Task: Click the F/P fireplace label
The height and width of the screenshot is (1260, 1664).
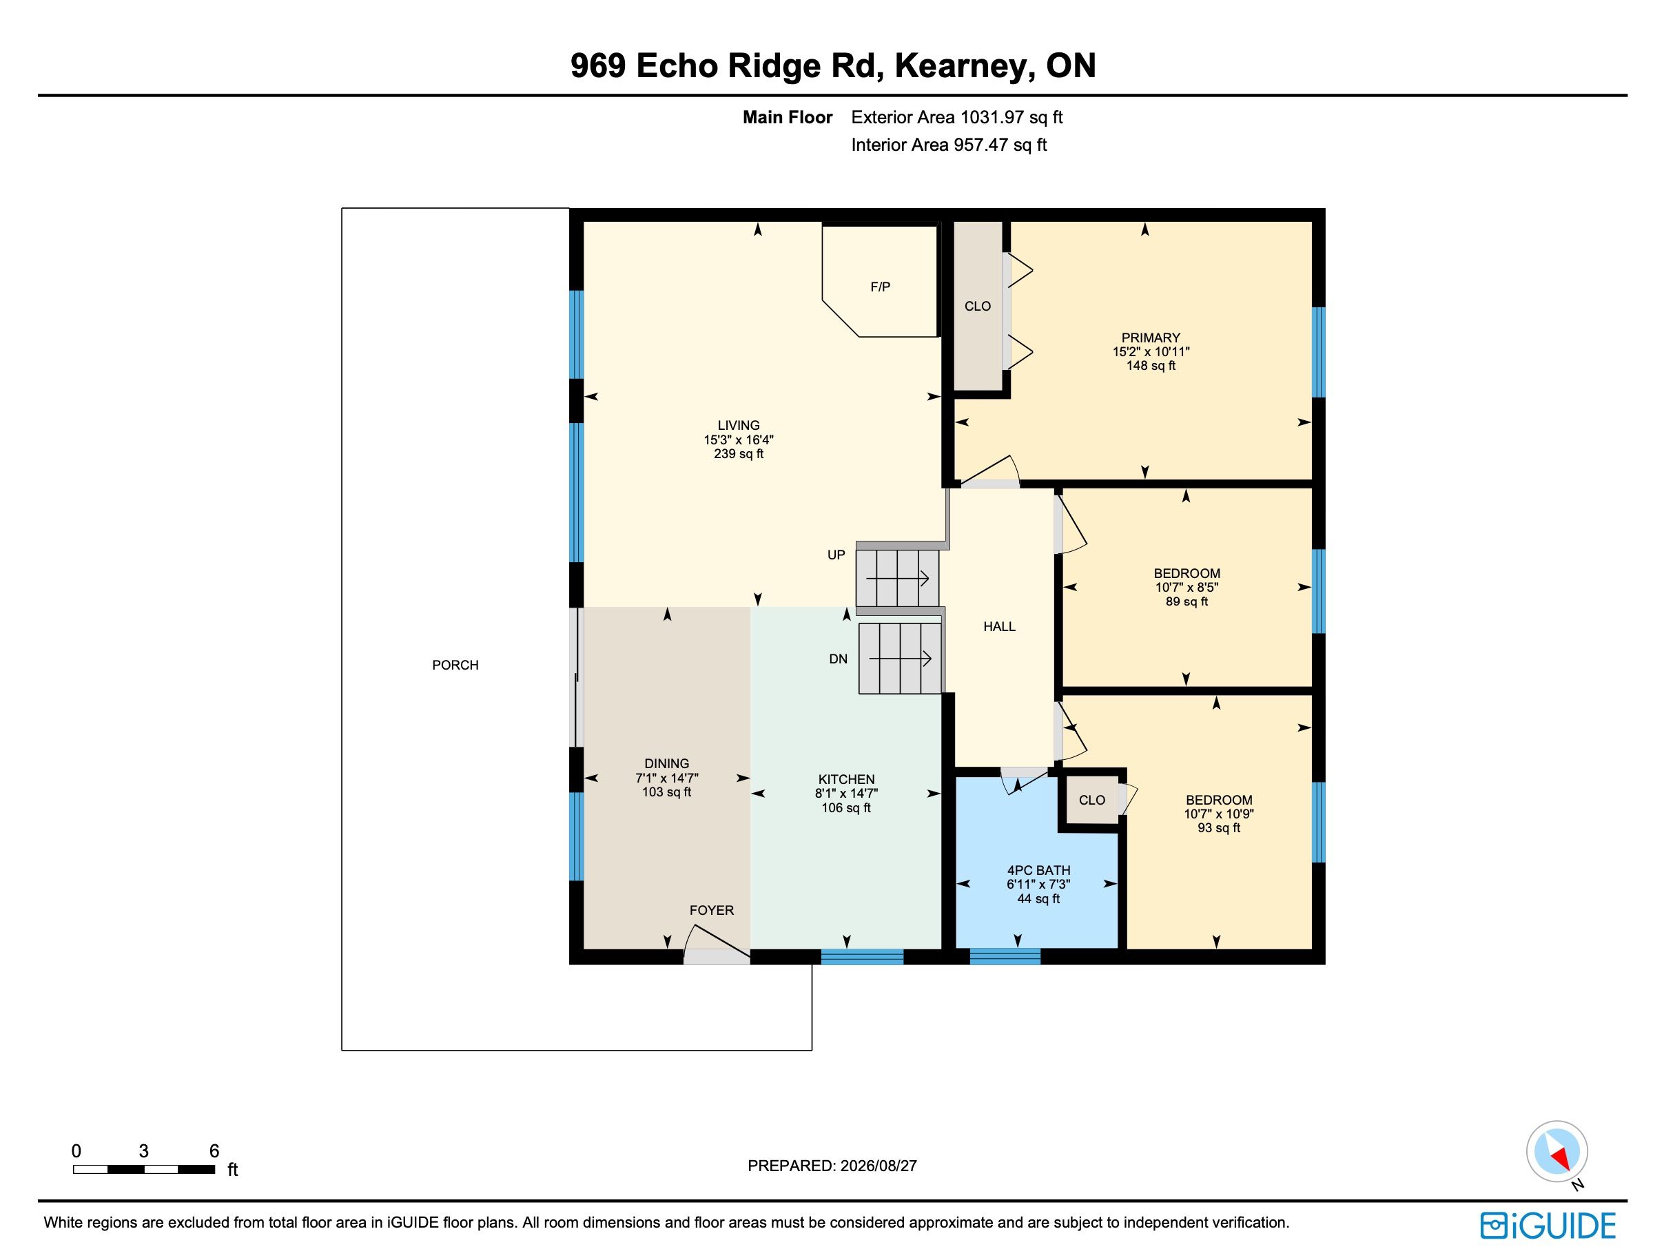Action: click(880, 287)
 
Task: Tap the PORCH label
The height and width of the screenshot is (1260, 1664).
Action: click(455, 665)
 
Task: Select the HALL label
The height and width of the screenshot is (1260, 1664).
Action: click(999, 627)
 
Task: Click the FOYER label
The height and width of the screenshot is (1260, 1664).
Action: click(712, 910)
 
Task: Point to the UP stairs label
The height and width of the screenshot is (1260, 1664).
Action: click(836, 555)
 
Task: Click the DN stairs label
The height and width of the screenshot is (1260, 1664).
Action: click(838, 659)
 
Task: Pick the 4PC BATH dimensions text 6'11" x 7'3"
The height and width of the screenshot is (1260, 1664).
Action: click(1038, 885)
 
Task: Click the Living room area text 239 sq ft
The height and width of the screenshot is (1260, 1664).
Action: click(739, 453)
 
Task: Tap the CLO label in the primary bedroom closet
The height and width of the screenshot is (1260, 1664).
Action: click(977, 306)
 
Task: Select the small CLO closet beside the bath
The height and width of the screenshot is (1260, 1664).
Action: click(1091, 801)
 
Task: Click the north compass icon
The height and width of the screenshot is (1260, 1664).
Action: click(1557, 1152)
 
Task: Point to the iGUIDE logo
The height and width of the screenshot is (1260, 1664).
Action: click(1548, 1226)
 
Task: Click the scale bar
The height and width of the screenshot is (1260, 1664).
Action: click(145, 1169)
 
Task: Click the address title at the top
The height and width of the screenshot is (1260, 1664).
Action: click(833, 65)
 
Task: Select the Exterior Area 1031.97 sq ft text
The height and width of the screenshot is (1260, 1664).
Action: click(957, 117)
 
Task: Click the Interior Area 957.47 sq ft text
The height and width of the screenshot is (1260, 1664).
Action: click(949, 145)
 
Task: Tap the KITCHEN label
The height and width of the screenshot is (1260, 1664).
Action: click(846, 779)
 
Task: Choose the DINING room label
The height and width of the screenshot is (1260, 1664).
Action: click(666, 763)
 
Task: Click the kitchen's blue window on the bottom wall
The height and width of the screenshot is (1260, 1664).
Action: click(862, 957)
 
